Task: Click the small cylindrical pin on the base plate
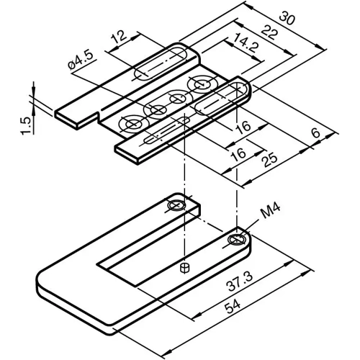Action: point(185,269)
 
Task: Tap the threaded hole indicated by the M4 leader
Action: point(238,238)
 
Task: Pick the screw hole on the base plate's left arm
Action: point(174,207)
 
